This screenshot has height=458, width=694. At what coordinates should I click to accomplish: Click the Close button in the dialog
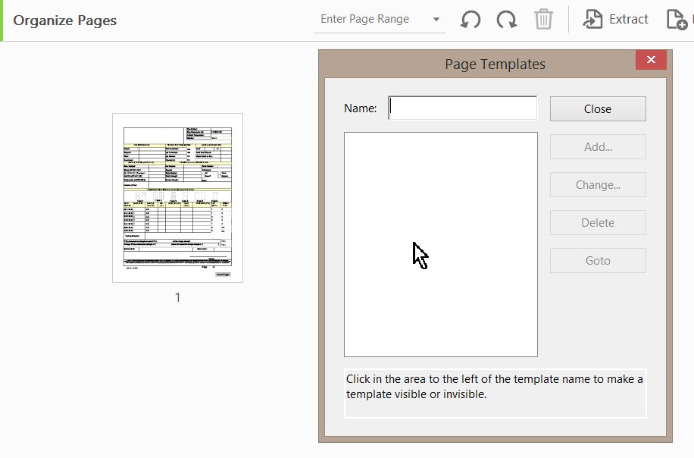598,109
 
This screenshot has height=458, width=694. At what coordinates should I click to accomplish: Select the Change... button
598,185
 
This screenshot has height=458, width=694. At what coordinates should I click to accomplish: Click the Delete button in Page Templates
598,223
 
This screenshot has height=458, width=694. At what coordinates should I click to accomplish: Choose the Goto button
598,261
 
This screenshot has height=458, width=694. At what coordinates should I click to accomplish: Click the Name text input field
462,108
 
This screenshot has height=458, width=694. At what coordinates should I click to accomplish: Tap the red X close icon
651,61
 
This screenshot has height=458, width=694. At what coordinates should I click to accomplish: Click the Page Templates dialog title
495,64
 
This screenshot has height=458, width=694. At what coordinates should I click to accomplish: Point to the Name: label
360,108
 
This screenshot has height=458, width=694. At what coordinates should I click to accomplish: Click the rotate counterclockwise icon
470,20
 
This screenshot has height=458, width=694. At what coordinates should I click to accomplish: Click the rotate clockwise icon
507,20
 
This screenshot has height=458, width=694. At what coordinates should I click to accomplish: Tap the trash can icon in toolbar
543,20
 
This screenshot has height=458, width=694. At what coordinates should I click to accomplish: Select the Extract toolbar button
616,20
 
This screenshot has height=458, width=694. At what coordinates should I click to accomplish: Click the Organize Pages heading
65,20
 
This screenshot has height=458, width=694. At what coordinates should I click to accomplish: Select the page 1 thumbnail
177,198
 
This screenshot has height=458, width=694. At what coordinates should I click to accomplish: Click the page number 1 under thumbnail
178,298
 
